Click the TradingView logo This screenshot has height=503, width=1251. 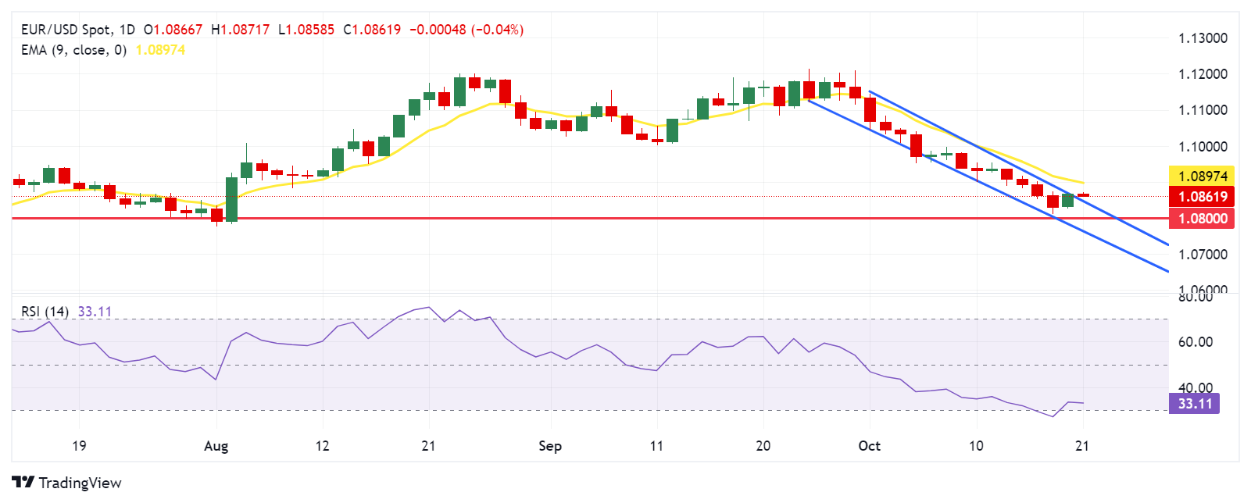[66, 483]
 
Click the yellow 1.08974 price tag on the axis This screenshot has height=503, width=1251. [1202, 177]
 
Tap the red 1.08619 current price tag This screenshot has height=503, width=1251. [1202, 197]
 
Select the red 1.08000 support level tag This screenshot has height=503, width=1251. [1202, 219]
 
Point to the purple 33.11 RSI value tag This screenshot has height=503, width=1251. [1194, 404]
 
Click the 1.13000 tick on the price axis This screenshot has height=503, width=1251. [1203, 38]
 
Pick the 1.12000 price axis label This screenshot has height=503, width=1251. [1203, 74]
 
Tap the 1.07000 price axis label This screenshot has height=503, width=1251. [1203, 255]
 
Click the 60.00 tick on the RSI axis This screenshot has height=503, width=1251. [1196, 342]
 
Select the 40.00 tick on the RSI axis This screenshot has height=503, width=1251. [1196, 388]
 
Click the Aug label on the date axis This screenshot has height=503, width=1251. [216, 446]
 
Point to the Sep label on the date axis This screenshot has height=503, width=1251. [550, 446]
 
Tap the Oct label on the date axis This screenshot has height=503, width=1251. [869, 446]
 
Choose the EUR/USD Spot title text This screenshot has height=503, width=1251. [66, 30]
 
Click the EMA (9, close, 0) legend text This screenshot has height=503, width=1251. [73, 50]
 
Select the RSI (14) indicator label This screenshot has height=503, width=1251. [45, 312]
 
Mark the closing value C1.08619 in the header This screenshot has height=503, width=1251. [372, 30]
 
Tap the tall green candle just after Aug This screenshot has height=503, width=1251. [231, 199]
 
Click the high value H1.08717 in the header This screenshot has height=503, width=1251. [240, 30]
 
